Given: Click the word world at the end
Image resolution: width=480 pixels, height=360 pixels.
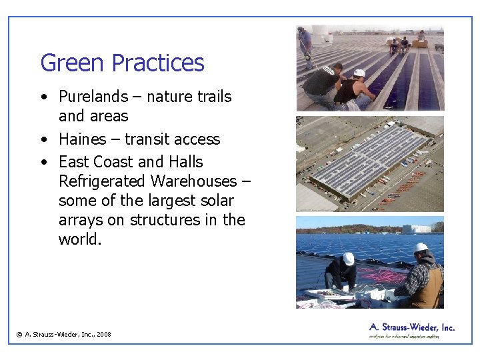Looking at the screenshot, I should [80, 239].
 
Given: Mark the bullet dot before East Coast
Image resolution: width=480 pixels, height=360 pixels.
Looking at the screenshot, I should [43, 163].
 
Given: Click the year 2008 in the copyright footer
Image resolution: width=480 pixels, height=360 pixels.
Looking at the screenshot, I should [103, 335].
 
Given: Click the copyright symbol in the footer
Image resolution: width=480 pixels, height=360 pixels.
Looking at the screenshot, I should [19, 335].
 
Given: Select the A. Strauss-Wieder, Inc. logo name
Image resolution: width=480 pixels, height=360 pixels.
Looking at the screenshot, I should [411, 327].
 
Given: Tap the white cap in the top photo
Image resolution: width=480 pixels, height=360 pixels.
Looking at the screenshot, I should [359, 73].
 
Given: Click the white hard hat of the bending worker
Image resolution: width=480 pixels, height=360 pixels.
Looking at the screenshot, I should [348, 259].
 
